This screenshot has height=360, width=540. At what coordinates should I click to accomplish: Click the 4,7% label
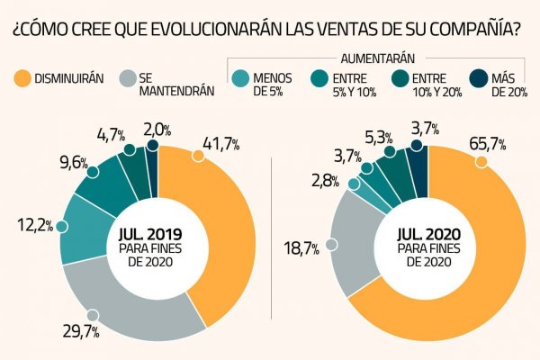(112, 136)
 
